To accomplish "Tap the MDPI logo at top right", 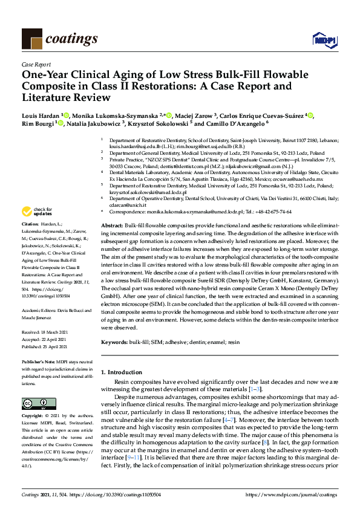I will pyautogui.click(x=324, y=40).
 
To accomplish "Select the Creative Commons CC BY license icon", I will pyautogui.click(x=31, y=403).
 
